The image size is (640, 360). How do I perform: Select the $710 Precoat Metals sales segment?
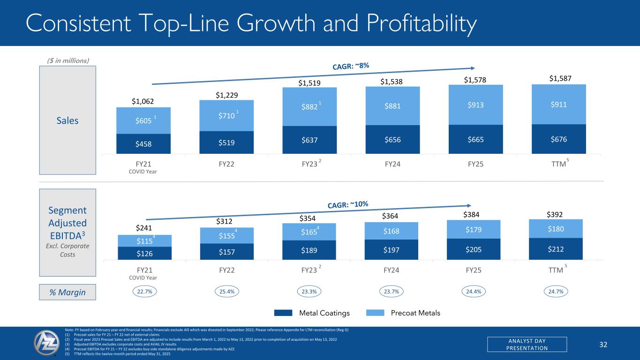(227, 115)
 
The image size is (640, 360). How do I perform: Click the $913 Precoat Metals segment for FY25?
(475, 105)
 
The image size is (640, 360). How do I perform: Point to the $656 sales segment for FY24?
(392, 139)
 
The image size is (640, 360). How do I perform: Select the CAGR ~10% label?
(347, 204)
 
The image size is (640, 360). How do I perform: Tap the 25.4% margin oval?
(227, 292)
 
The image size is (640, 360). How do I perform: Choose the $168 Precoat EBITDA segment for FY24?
(392, 231)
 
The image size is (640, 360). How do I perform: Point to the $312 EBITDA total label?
(227, 221)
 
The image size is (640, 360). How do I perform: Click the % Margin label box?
(68, 292)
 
